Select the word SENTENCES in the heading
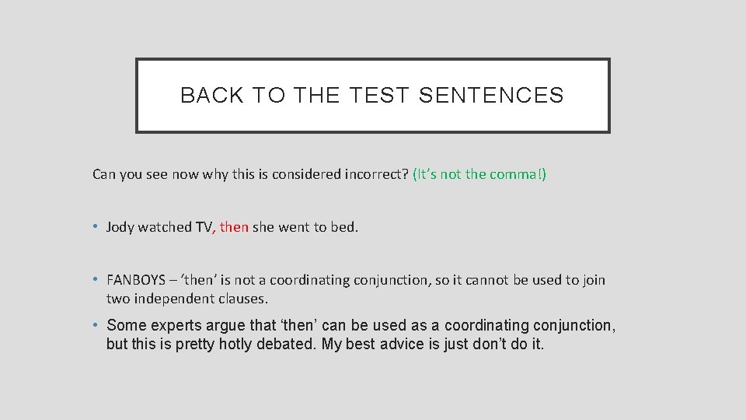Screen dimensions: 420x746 [x=491, y=96]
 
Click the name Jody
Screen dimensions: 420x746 [x=120, y=227]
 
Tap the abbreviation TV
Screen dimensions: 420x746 [x=204, y=227]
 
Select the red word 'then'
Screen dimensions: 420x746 [x=234, y=227]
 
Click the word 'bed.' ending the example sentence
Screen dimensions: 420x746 [x=346, y=227]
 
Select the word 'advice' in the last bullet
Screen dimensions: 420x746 [x=400, y=344]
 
